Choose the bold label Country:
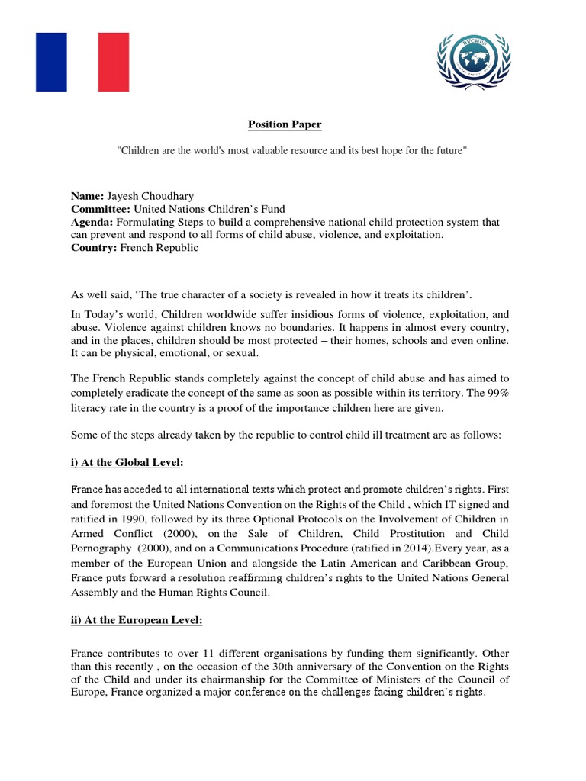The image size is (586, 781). tap(94, 249)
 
